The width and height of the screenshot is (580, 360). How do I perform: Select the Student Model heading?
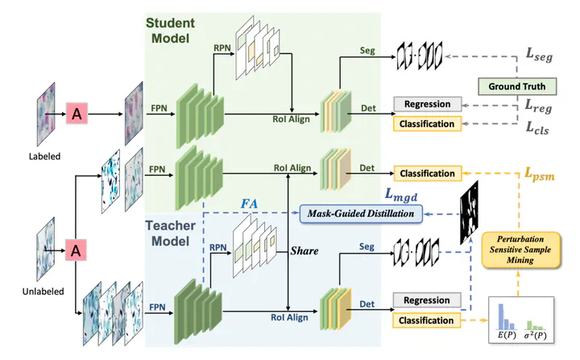[173, 29]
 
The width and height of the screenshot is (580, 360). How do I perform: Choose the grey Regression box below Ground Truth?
[427, 104]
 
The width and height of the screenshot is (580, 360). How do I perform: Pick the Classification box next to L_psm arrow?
[427, 173]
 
